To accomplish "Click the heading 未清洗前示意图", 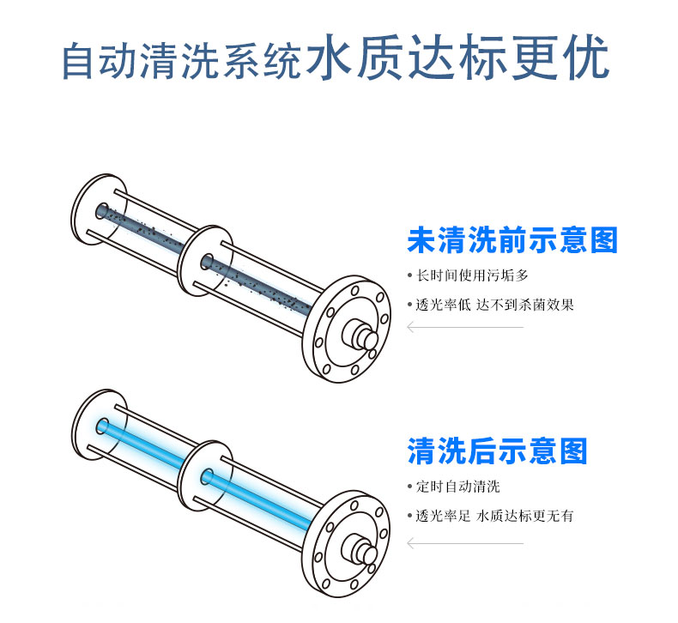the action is click(512, 240).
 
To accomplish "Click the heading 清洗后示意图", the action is click(497, 451).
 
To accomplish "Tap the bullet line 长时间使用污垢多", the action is click(469, 275).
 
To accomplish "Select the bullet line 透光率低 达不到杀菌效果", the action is click(491, 305).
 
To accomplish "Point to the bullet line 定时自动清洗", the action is click(454, 487).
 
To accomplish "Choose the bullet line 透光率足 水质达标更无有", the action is click(491, 516).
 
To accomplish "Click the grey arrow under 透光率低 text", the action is click(465, 327).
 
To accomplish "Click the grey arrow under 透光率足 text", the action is click(465, 543).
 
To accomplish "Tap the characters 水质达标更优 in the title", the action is click(457, 58).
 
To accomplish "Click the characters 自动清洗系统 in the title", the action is click(183, 61).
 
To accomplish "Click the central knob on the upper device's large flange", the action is click(360, 334).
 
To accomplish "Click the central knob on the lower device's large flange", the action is click(360, 549).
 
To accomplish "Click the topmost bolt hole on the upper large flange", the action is click(355, 290).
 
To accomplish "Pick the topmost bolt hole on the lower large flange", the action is click(354, 505).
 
